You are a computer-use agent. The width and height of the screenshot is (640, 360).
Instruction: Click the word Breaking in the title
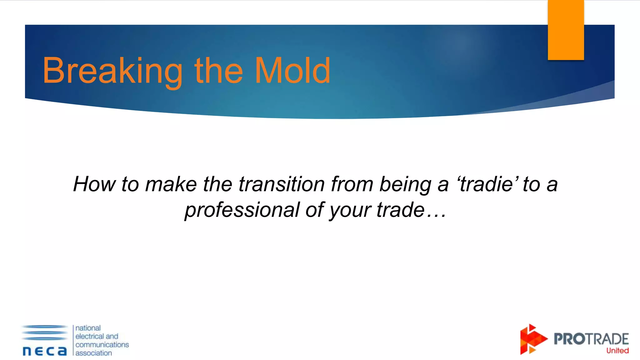112,71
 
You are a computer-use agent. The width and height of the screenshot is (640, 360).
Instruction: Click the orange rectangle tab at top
566,30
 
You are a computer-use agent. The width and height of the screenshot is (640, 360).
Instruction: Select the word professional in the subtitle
242,210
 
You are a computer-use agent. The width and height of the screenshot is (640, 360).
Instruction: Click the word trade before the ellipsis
400,210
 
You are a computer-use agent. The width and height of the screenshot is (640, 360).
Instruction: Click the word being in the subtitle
405,184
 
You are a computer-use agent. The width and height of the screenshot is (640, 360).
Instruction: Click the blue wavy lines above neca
45,332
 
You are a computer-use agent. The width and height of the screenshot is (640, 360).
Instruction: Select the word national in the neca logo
88,328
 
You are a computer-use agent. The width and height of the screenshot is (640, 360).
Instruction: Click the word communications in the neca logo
102,344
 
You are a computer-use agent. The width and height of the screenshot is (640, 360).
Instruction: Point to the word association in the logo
93,353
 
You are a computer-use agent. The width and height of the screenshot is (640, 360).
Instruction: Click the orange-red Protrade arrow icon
532,339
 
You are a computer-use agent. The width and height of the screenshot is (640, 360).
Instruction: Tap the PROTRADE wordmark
591,339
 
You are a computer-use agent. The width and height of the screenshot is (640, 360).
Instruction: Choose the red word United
617,351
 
